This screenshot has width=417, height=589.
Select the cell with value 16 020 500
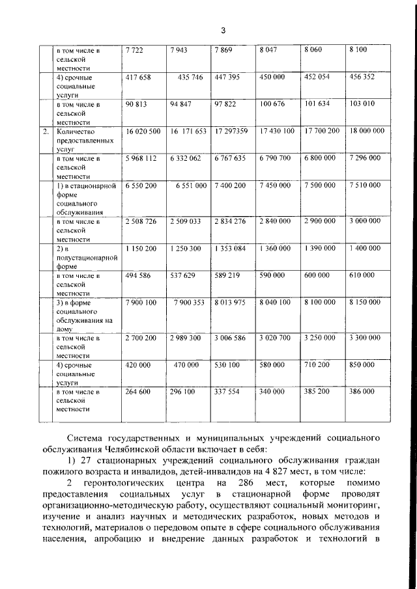[x=143, y=131]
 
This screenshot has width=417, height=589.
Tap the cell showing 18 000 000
[x=367, y=131]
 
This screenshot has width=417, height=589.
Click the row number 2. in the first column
[x=46, y=131]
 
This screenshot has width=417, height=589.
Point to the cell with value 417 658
[x=137, y=77]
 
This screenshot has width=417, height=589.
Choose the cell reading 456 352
[x=362, y=77]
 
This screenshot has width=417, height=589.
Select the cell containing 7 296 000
[x=366, y=158]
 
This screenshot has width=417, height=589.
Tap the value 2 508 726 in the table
[x=141, y=221]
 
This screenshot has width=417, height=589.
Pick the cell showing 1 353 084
[x=230, y=249]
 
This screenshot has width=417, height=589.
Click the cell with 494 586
[x=137, y=276]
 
